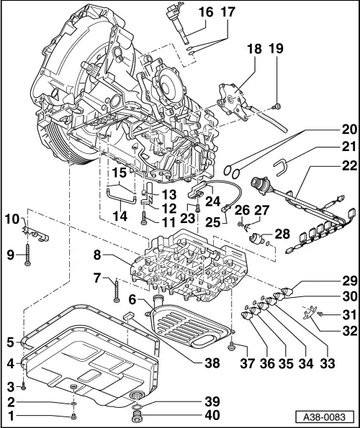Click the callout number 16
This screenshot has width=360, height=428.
coord(206,12)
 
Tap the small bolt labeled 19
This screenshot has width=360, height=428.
coord(278,107)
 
